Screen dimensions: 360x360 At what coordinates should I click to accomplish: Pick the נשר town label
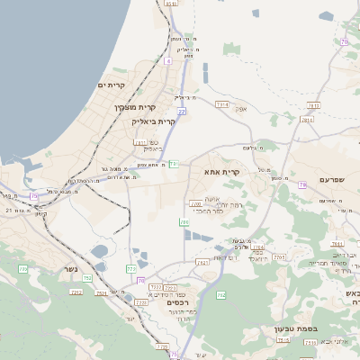pyautogui.click(x=71, y=269)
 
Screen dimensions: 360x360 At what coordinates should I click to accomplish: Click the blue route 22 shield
pyautogui.click(x=181, y=112)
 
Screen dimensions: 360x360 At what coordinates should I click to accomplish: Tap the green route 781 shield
pyautogui.click(x=173, y=164)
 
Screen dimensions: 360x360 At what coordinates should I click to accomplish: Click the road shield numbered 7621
pyautogui.click(x=202, y=262)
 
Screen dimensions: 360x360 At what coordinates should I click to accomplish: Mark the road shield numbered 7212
pyautogui.click(x=76, y=292)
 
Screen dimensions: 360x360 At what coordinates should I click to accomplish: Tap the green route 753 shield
pyautogui.click(x=131, y=268)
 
